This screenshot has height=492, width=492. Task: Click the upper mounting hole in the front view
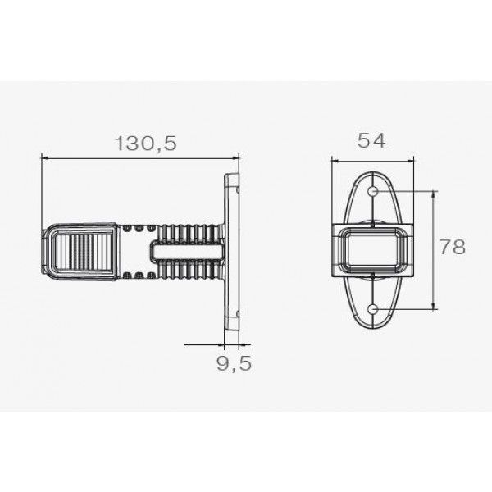(373, 190)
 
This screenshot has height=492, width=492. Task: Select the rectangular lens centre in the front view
(373, 249)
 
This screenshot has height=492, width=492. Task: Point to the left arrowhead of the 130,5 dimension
(43, 158)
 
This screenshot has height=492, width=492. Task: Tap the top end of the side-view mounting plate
(232, 175)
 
